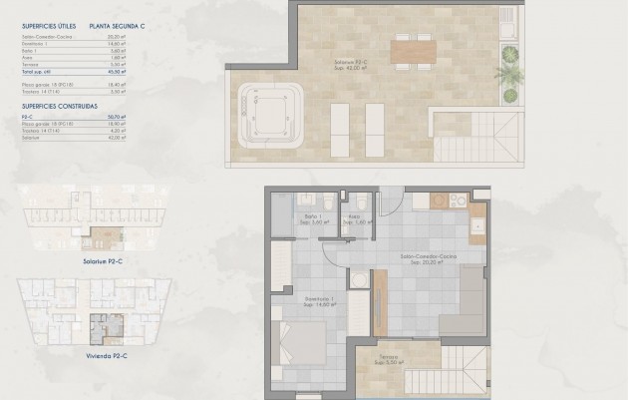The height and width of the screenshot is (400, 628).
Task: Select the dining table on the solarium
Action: click(x=413, y=50)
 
